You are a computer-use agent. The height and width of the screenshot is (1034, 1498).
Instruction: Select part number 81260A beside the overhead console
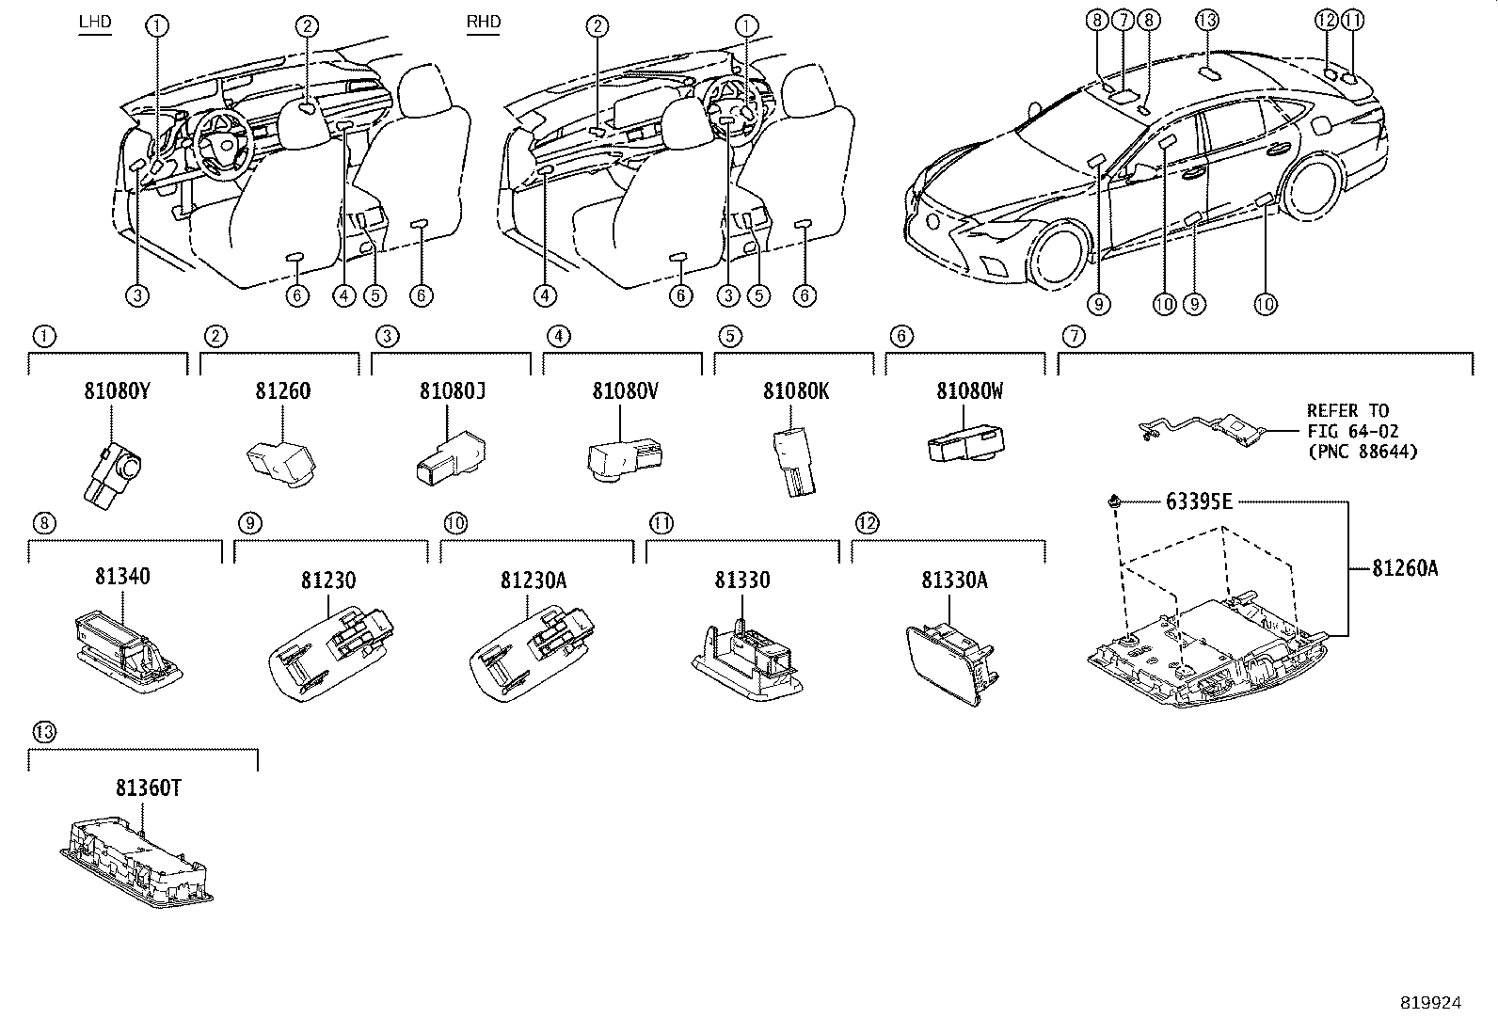coord(1404,567)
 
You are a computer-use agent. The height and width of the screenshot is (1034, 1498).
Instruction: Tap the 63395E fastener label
coord(1198,501)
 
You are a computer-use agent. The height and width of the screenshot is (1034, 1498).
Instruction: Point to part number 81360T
coord(149,788)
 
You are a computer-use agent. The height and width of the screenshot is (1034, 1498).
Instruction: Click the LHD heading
coord(93,21)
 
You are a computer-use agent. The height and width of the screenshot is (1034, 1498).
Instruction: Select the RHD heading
coord(484,21)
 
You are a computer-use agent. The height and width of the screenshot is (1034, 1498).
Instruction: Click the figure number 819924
coord(1430,1003)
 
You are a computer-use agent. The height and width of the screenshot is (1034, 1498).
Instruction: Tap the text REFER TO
coord(1347,411)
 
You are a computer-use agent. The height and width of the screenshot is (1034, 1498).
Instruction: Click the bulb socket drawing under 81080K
coord(792,461)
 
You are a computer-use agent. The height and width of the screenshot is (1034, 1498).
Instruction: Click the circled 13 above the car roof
coord(1208,20)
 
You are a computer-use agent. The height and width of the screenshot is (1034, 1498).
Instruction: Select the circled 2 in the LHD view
coord(308,26)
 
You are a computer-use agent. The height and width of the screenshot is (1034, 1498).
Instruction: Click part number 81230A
coord(533,581)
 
